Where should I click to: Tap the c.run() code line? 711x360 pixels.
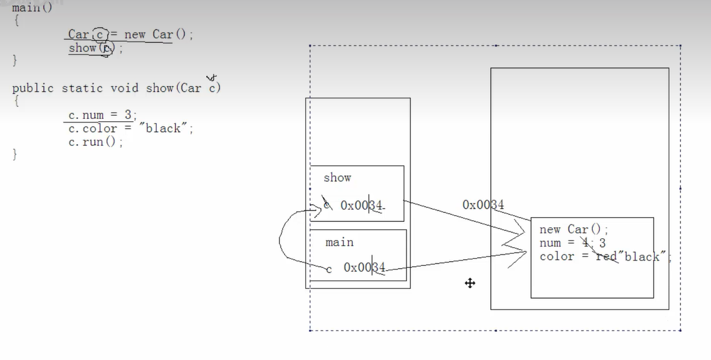pos(95,142)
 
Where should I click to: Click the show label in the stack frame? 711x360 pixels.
pos(337,178)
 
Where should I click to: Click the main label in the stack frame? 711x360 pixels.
pos(340,242)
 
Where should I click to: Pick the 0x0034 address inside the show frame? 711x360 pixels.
pos(361,206)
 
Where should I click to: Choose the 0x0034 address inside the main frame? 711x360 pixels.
pos(364,268)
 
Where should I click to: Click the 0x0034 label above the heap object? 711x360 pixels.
pos(483,205)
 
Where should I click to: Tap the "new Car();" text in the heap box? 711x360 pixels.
pos(574,230)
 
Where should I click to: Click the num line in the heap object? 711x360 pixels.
pos(572,243)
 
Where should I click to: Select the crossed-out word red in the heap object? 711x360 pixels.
pos(606,257)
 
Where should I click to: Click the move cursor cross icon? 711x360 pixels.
pos(470,283)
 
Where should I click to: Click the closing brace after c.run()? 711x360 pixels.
pos(16,155)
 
